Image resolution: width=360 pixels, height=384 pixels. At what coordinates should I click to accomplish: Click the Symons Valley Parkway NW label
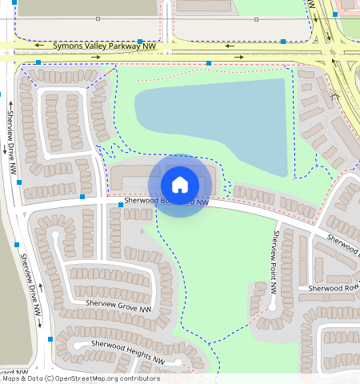coord(104,47)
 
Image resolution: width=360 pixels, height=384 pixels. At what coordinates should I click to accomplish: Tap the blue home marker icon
coord(180,185)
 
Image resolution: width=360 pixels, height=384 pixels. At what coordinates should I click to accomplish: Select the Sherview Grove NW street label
coord(118,304)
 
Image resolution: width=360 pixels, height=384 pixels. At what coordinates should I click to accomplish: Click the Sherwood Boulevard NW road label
coord(166,202)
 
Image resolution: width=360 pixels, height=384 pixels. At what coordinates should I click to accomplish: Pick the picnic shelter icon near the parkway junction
coord(334,96)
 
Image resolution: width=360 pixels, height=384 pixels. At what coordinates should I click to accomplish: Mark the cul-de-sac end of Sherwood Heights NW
coord(65,350)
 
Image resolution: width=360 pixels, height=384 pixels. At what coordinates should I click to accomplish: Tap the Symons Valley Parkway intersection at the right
coord(330,56)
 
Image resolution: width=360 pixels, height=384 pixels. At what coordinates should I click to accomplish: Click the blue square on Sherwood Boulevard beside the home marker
coord(121,205)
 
